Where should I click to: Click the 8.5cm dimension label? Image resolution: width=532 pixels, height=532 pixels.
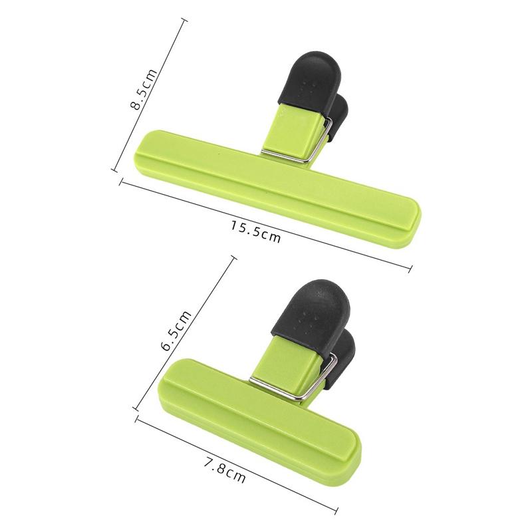142,89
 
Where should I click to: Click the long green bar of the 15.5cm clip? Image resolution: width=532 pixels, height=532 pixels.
279,186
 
